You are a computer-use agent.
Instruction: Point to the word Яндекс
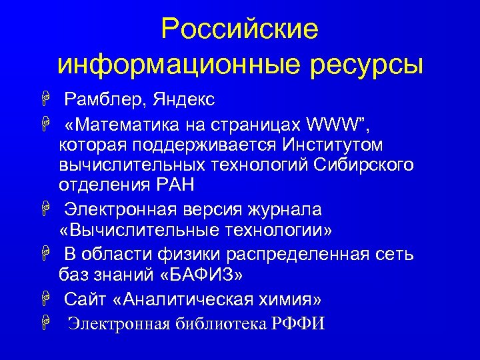tap(184, 101)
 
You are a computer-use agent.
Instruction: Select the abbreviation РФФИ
tap(299, 325)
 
